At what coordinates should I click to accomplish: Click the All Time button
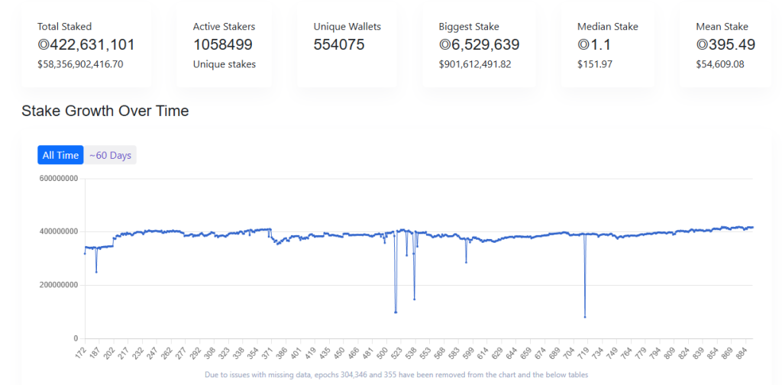click(60, 155)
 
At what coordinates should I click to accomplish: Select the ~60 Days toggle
click(110, 155)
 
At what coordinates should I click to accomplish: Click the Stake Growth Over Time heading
click(105, 112)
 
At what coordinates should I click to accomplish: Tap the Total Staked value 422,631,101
click(86, 45)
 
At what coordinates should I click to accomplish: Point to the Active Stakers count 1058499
click(223, 45)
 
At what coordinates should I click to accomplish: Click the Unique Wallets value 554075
click(339, 45)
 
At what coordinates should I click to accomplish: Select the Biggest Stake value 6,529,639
click(480, 45)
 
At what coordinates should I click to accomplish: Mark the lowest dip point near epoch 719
click(585, 317)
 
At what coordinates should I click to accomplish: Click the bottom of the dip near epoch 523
click(396, 312)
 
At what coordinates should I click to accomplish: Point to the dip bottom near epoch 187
click(96, 271)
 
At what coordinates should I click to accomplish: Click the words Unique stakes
click(225, 64)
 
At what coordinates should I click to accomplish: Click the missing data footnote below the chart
click(397, 375)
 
